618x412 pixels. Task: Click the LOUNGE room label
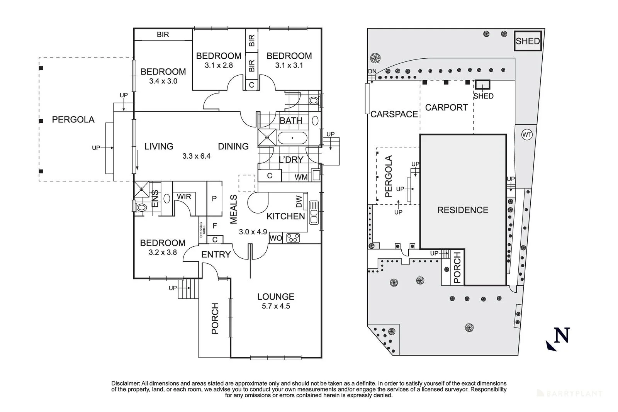[x=276, y=297]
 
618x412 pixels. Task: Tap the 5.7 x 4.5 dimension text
[x=276, y=306]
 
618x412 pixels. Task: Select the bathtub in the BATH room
[x=292, y=137]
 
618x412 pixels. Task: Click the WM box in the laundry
[x=301, y=177]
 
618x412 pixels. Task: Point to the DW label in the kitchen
[x=299, y=201]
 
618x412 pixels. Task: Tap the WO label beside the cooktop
[x=276, y=238]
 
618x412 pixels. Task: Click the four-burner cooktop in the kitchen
[x=293, y=238]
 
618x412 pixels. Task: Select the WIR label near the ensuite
[x=184, y=197]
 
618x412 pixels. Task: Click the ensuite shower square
[x=142, y=189]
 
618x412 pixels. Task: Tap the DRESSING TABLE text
[x=201, y=230]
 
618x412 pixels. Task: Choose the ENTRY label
[x=216, y=254]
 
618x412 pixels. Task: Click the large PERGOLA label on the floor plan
[x=73, y=120]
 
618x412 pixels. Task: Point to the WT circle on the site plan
[x=526, y=135]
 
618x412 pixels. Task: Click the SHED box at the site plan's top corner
[x=528, y=41]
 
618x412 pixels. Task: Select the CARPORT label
[x=446, y=107]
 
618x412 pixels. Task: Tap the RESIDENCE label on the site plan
[x=463, y=210]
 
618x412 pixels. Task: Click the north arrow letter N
[x=562, y=335]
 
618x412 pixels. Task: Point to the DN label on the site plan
[x=372, y=71]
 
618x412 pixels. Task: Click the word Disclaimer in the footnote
[x=126, y=383]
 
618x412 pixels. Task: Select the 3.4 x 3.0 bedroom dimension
[x=163, y=81]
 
